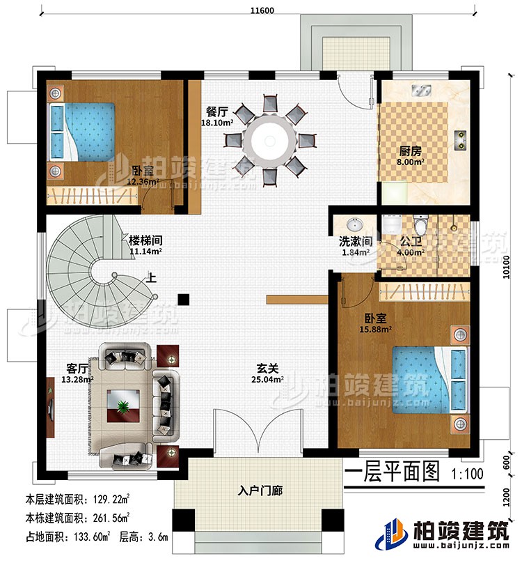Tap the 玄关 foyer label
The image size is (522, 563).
(x=267, y=370)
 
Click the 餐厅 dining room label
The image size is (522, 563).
(x=216, y=111)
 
